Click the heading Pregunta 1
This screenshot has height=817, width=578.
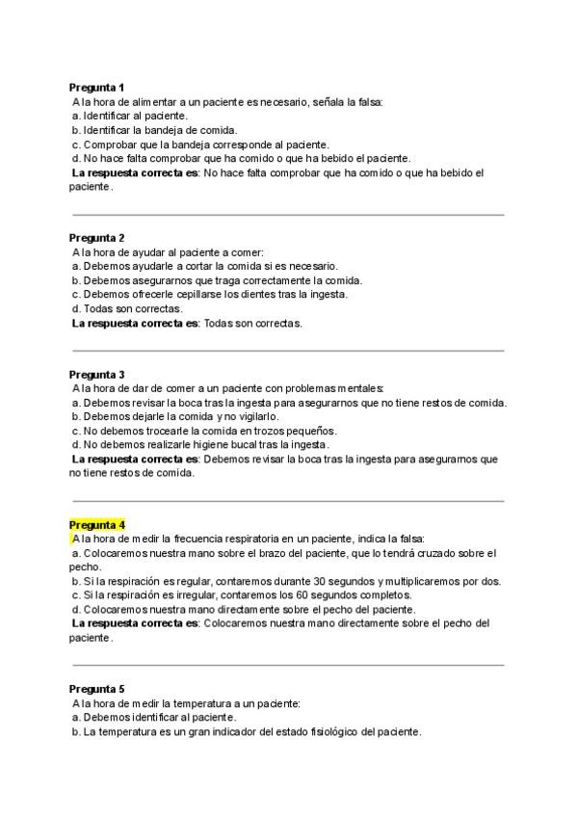click(x=96, y=87)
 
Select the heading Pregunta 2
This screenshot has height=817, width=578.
click(x=96, y=237)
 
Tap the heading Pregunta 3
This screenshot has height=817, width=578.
click(x=96, y=374)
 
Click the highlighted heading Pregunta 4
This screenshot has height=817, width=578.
click(x=96, y=525)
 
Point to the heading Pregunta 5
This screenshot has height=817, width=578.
click(x=96, y=689)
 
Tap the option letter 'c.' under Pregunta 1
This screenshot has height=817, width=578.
click(x=76, y=145)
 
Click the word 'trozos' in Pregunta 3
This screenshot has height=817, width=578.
click(x=247, y=431)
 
